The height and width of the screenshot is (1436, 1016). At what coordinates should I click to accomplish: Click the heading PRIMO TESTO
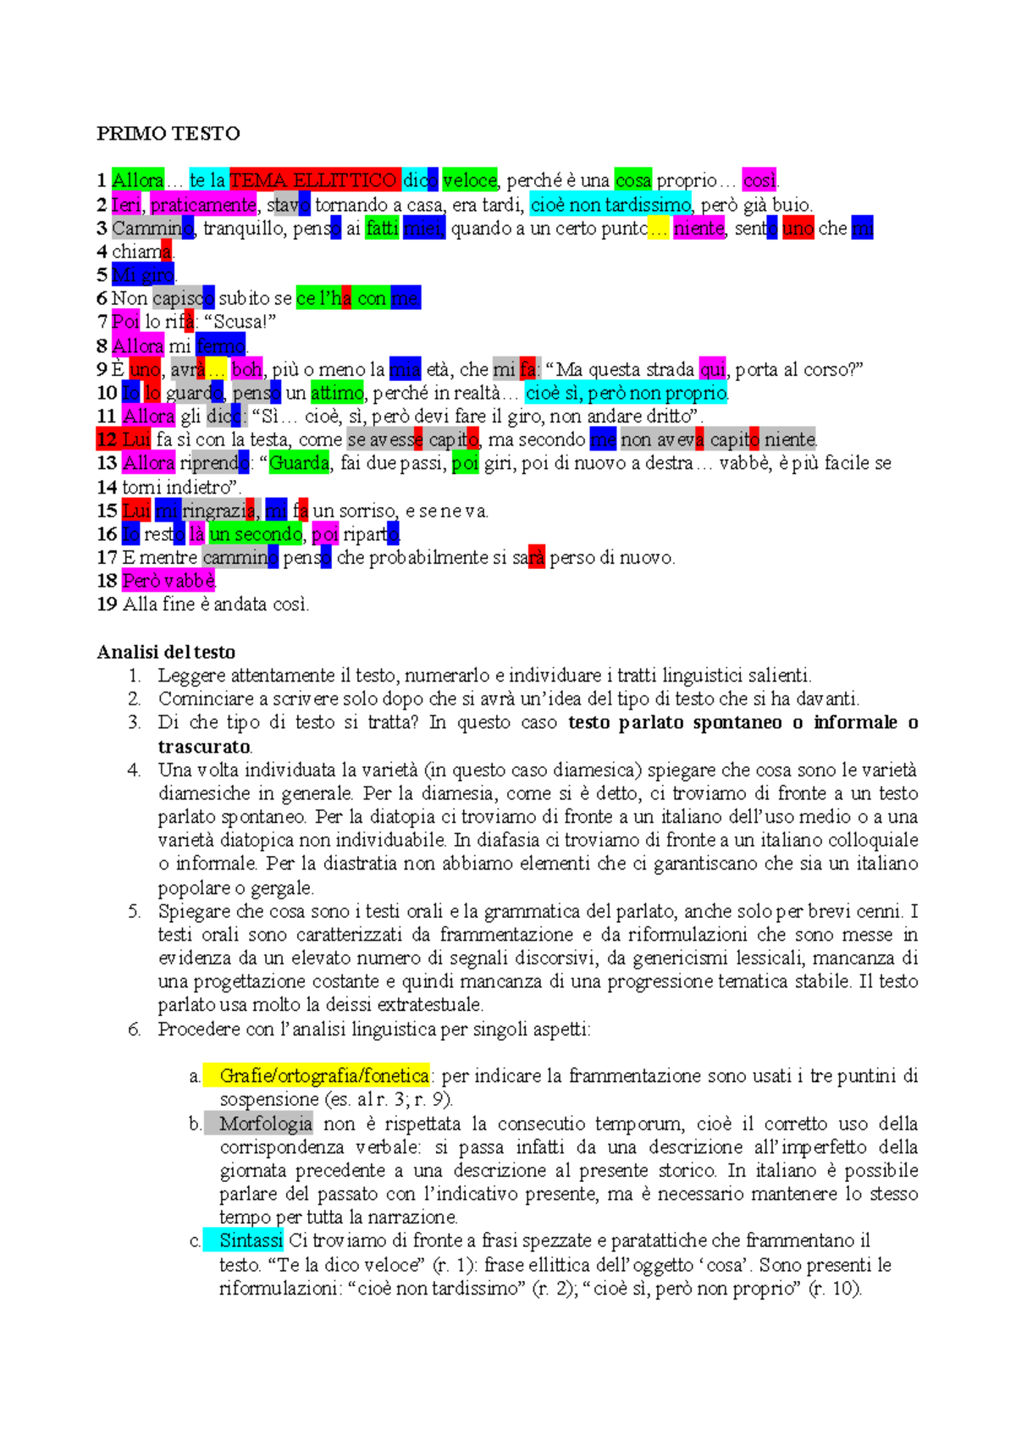point(168,133)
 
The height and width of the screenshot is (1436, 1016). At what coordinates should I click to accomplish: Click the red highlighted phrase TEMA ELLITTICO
point(314,180)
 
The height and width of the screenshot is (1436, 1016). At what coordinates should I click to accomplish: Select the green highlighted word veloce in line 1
point(470,180)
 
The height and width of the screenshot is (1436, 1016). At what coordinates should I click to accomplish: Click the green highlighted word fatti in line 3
point(382,228)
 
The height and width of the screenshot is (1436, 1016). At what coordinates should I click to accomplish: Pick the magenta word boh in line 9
point(246,369)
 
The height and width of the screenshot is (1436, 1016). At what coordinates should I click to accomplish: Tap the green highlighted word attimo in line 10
point(336,393)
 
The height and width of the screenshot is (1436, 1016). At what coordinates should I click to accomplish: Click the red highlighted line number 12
point(108,439)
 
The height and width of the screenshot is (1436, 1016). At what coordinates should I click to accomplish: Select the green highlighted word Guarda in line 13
point(299,463)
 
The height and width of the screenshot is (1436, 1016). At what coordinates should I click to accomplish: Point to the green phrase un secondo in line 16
point(256,534)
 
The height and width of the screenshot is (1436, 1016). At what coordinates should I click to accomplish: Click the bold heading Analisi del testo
point(166,652)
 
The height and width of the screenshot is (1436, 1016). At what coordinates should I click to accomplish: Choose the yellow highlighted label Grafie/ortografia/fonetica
point(323,1075)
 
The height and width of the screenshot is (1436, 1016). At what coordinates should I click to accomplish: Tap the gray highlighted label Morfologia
point(265,1124)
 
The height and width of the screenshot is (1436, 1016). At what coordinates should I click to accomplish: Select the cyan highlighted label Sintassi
point(251,1240)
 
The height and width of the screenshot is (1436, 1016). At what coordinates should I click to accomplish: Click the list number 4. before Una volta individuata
point(134,770)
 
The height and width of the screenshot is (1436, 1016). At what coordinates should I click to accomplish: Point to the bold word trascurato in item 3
point(203,747)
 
